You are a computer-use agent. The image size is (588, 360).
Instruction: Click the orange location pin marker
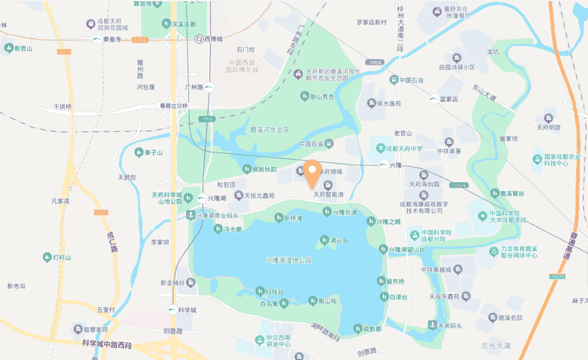coord(312,172)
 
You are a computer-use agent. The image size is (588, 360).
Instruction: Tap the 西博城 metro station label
coord(213,39)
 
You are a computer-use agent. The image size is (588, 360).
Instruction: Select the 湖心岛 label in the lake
coord(339,241)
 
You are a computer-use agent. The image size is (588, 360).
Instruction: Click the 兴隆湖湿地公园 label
coord(288,260)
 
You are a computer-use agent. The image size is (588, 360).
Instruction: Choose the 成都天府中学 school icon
coord(380,149)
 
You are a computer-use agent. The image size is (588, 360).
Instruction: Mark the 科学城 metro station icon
coord(173,310)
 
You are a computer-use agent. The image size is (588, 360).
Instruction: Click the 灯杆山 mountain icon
coord(47,257)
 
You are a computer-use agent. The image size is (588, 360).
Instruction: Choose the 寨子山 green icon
coord(138,153)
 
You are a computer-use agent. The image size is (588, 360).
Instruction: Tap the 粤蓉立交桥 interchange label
coord(166,106)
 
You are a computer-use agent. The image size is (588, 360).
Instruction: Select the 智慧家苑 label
coord(95,329)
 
